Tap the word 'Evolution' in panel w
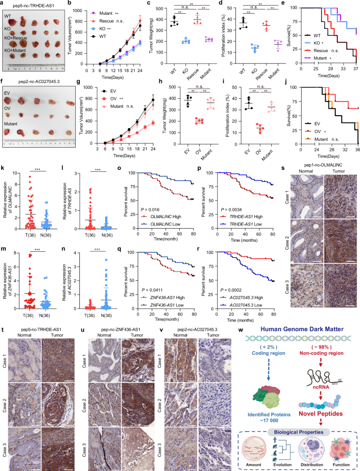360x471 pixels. tap(276, 464)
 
